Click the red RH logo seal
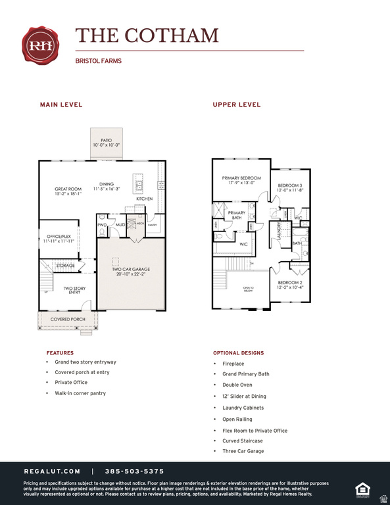[x=41, y=45]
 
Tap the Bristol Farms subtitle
[x=99, y=61]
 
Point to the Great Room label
[x=68, y=191]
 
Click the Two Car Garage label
[x=132, y=272]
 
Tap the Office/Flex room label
[x=59, y=238]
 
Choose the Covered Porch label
[x=68, y=319]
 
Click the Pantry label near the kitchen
[x=153, y=225]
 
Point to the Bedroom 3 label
[x=289, y=188]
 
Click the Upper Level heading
[x=237, y=105]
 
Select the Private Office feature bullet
[x=71, y=382]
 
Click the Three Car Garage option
[x=243, y=451]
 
